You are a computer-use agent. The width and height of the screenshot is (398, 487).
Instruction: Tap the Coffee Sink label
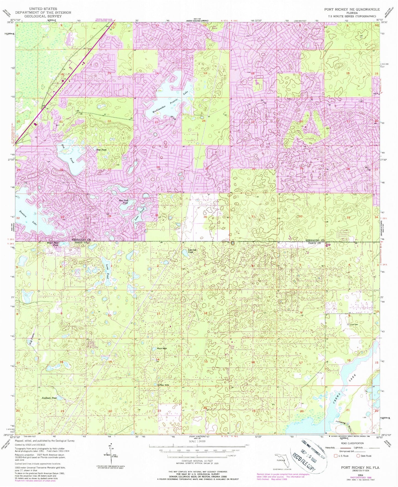(163, 385)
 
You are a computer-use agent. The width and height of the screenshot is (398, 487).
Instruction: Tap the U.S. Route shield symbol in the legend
(336, 456)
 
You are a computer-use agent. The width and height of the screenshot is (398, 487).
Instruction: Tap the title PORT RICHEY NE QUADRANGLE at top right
(352, 9)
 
